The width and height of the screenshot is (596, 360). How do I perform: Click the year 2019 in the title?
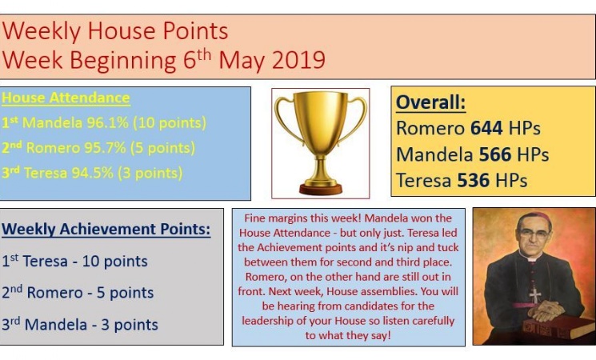click(298, 60)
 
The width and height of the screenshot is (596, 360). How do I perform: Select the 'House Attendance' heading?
click(66, 98)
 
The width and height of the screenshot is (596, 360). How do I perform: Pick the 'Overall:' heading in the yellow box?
click(430, 102)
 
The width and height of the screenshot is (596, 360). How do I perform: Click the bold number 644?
click(486, 128)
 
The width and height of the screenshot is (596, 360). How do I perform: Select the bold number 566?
click(495, 154)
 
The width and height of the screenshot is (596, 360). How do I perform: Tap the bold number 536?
click(474, 180)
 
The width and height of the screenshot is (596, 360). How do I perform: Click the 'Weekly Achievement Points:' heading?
click(106, 230)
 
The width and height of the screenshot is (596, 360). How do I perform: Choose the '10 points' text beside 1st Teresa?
click(114, 261)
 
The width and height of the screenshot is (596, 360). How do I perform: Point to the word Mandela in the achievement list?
click(56, 325)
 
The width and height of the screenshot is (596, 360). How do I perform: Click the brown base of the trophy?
click(321, 189)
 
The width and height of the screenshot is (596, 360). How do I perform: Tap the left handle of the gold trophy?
click(286, 118)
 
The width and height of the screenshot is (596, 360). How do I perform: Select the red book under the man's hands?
click(556, 326)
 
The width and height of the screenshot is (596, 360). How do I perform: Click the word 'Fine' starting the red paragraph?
click(255, 218)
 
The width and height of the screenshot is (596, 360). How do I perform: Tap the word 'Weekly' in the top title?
click(41, 32)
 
